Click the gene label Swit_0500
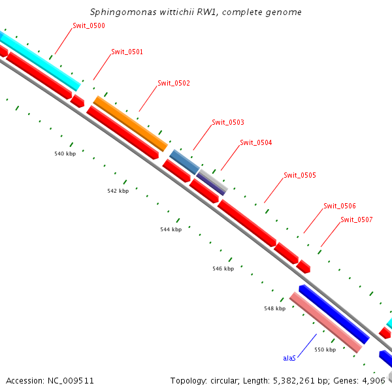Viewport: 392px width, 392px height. pos(88,25)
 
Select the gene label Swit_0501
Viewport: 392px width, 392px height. pos(127,52)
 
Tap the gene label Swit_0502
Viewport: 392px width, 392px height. pos(174,83)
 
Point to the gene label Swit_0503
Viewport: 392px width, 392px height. pos(228,122)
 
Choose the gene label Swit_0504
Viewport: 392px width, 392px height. pos(256,142)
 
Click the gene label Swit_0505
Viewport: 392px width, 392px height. pos(300,175)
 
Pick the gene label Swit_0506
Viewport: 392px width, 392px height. pos(340,206)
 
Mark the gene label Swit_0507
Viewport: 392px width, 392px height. pos(357,220)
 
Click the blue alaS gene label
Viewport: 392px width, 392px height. pos(289,358)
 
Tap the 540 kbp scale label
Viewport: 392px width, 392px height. pos(65,154)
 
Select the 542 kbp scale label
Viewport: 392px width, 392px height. pos(118,191)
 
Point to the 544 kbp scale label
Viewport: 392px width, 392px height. pos(171,229)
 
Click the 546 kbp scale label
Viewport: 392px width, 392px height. pos(223,269)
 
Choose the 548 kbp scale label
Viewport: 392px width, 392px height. pos(274,308)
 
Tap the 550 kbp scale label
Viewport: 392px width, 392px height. pos(325,350)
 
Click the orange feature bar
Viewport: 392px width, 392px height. pos(130,123)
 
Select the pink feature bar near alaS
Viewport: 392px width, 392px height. pos(325,322)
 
